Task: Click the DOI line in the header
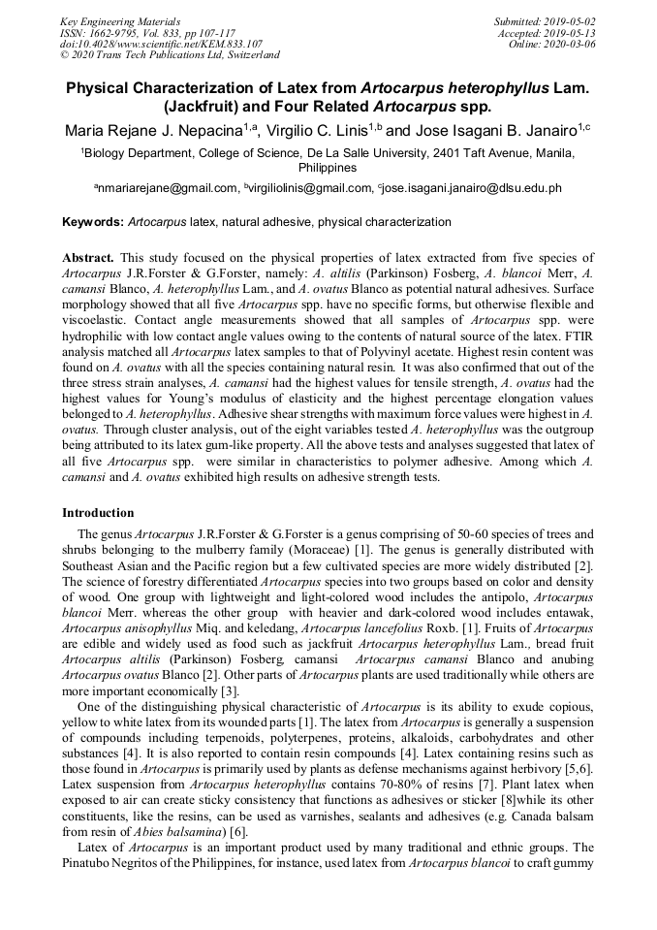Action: coord(161,44)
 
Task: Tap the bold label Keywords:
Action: coord(93,222)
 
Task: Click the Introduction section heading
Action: coord(98,512)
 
